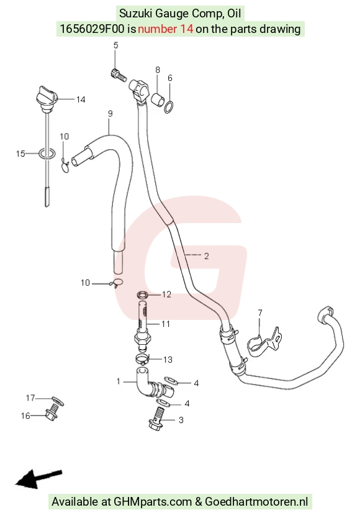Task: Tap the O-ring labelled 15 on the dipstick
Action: [x=47, y=153]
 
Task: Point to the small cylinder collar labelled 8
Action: [x=157, y=99]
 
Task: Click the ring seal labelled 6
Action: [x=169, y=107]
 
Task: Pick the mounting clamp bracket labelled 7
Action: [x=264, y=342]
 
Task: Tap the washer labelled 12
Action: [x=142, y=295]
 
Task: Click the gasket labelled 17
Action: [x=58, y=400]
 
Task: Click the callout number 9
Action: [x=110, y=114]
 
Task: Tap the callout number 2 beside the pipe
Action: [x=206, y=256]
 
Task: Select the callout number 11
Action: [x=166, y=324]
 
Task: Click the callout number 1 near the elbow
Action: [x=119, y=381]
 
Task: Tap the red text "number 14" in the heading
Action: [x=165, y=29]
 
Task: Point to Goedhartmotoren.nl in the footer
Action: [x=256, y=501]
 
